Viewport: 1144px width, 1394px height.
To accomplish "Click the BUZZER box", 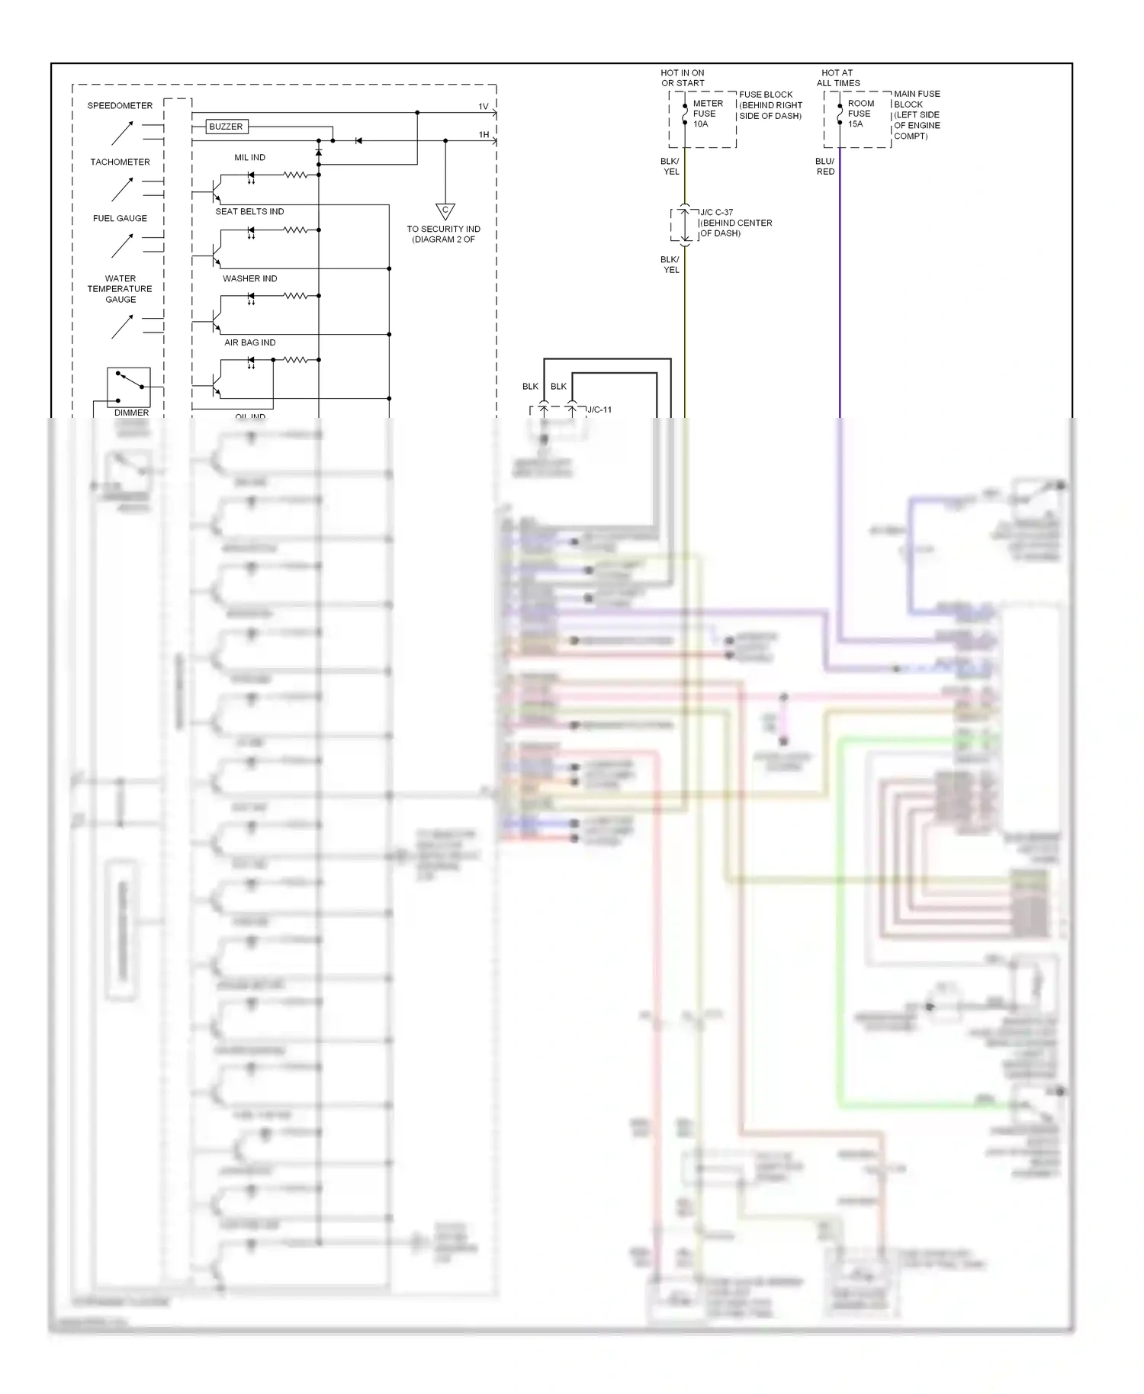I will click(226, 127).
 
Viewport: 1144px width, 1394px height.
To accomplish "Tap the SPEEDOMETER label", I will click(120, 106).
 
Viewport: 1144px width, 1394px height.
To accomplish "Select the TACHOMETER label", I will click(120, 162).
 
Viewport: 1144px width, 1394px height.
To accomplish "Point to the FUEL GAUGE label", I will click(120, 219).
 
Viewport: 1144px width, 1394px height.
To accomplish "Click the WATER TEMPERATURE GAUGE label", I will click(120, 289).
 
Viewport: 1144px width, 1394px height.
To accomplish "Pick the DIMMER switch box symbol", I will click(129, 387).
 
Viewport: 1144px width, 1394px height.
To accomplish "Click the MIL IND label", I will click(249, 158).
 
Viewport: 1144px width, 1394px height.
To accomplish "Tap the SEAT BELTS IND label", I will click(249, 212).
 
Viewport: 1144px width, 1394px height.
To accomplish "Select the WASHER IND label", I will click(249, 279).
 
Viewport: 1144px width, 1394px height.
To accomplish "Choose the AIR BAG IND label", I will click(249, 343).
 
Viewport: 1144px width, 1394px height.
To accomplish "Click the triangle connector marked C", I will click(445, 211).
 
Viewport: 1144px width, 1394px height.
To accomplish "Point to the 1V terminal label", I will click(484, 107).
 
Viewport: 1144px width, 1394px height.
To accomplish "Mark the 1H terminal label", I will click(484, 135).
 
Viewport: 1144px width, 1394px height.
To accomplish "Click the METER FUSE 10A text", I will click(707, 114).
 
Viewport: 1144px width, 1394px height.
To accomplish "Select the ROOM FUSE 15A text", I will click(860, 114).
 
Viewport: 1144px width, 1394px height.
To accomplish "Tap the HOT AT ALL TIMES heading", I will click(837, 79).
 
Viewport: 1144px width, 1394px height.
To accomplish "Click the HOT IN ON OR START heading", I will click(683, 79).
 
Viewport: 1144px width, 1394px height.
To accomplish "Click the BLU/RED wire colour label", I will click(825, 166).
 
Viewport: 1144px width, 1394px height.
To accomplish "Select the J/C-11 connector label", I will click(599, 410).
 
